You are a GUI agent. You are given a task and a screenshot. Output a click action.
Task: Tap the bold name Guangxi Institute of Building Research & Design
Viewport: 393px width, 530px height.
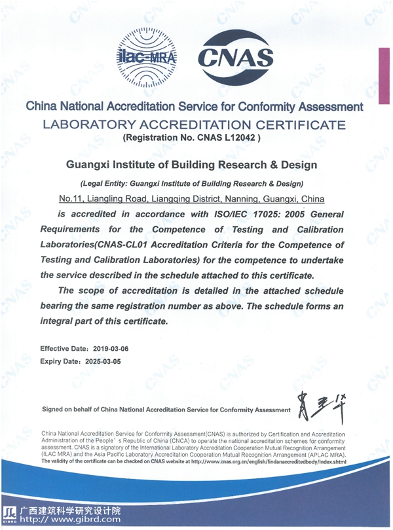[x=193, y=164]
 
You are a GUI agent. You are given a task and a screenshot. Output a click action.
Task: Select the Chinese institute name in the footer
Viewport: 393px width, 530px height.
[x=70, y=510]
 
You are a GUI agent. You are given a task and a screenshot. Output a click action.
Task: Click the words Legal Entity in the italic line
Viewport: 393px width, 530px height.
[x=105, y=183]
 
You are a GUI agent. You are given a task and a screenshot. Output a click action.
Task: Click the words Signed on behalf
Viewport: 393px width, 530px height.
[x=68, y=410]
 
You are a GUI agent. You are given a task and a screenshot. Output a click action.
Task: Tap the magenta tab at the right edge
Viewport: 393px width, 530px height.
[x=384, y=75]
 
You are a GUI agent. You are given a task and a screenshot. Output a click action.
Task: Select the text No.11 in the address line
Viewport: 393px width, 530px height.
[x=70, y=198]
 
